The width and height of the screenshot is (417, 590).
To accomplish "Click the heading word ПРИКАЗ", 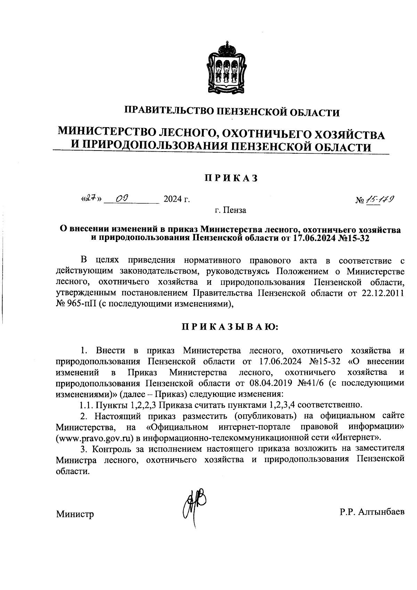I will click(231, 178).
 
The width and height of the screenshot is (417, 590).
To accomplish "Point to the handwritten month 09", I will click(123, 199).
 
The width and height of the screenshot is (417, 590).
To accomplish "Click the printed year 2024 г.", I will click(177, 200).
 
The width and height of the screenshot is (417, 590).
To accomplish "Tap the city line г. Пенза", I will click(230, 210).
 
